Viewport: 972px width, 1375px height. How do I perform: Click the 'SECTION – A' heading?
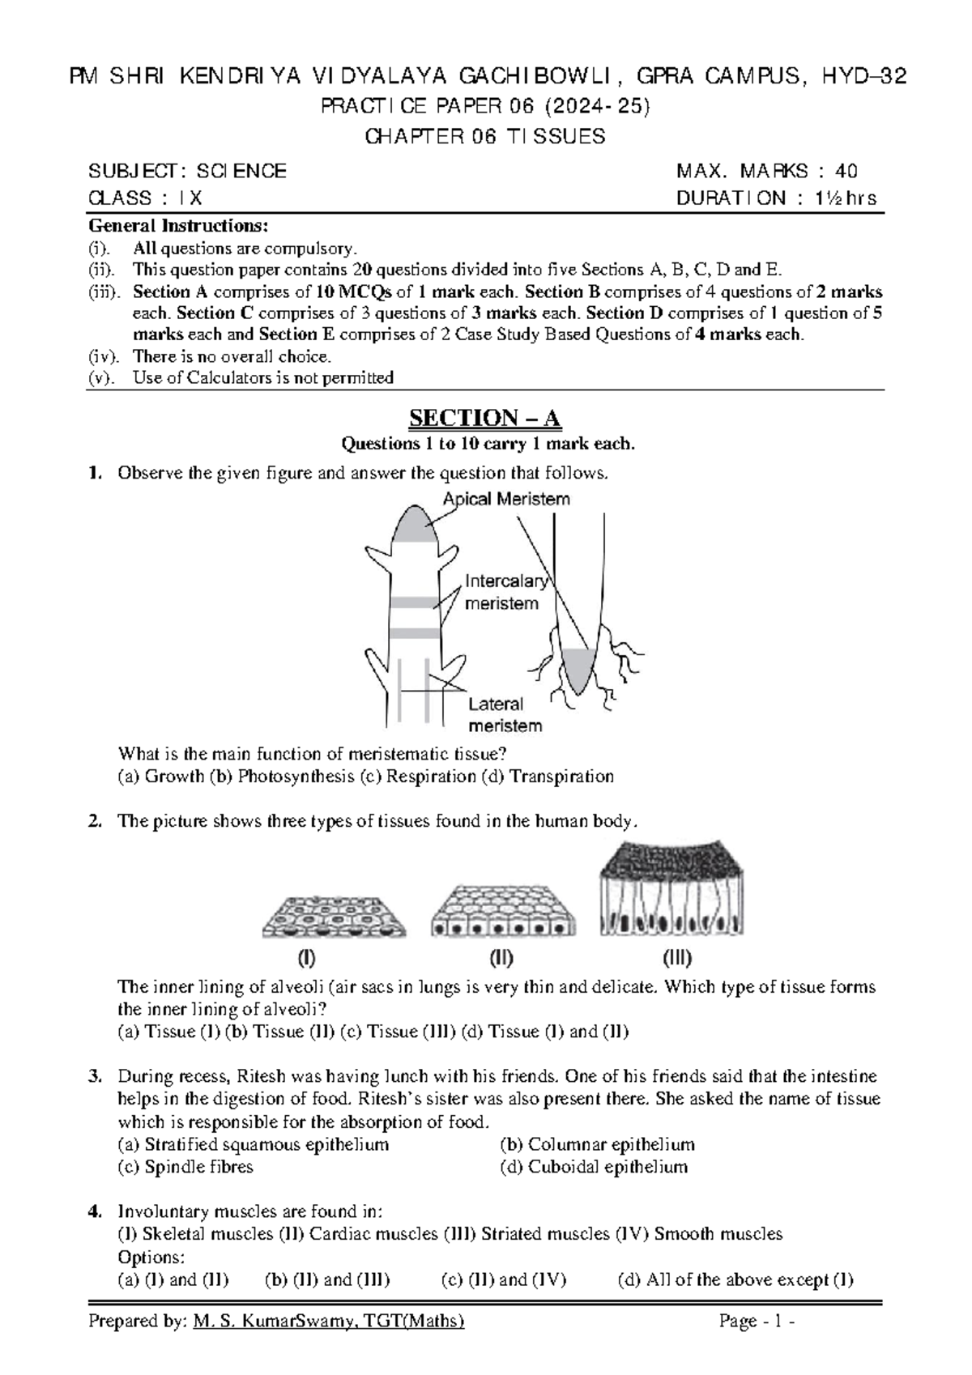pos(484,418)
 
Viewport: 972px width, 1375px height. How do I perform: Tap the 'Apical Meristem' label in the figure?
pos(506,500)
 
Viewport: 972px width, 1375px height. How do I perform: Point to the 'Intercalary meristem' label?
pos(504,592)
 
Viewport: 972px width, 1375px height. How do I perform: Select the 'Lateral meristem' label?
pos(504,715)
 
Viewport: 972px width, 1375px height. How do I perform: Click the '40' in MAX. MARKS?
pos(846,171)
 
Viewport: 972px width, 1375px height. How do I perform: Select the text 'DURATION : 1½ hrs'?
pos(776,198)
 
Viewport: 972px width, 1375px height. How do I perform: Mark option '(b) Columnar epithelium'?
pos(598,1145)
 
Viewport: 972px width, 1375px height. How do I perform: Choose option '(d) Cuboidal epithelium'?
pos(595,1167)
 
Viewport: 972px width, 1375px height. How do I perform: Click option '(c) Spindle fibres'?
pos(185,1167)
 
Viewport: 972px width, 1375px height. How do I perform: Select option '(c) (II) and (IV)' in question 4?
pos(503,1279)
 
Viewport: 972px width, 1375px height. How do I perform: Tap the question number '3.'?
pos(95,1077)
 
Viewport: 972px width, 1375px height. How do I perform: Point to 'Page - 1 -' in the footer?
pos(757,1322)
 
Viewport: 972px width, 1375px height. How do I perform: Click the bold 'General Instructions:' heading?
pos(177,225)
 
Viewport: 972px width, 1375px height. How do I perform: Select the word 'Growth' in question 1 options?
pos(173,777)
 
